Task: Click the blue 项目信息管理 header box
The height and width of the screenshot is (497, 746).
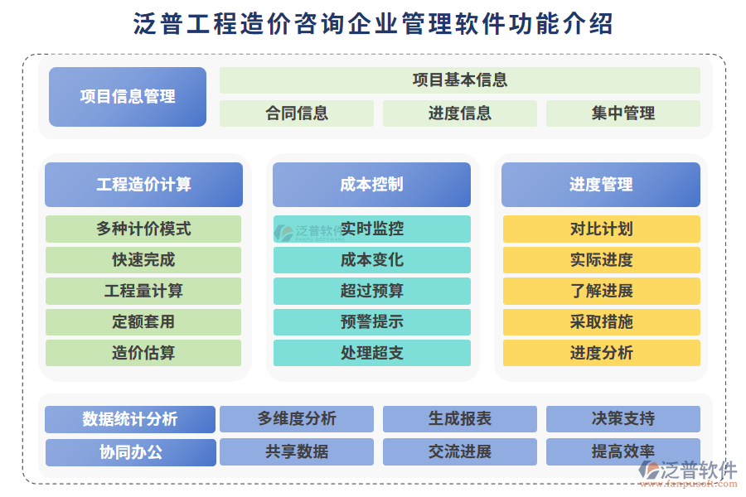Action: click(x=128, y=97)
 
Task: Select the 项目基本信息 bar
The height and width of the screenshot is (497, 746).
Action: click(x=459, y=80)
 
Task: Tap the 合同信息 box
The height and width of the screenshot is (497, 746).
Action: click(x=297, y=113)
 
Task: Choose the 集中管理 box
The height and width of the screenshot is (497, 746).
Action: click(x=623, y=113)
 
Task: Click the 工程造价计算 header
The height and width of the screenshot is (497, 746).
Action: click(x=143, y=185)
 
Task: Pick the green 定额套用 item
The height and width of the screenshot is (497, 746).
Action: click(x=143, y=322)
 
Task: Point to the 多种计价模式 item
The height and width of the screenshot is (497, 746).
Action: click(x=143, y=229)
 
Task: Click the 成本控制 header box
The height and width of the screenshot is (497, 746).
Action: click(x=371, y=185)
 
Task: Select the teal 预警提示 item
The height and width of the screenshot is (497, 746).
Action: click(x=372, y=322)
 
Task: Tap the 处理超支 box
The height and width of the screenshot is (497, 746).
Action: click(x=372, y=353)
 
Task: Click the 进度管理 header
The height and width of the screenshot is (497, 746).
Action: click(x=601, y=185)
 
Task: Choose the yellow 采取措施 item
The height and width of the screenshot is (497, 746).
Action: click(x=602, y=322)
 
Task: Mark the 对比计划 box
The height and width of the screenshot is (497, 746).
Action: click(x=602, y=229)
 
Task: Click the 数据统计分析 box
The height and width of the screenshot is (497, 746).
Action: click(x=130, y=419)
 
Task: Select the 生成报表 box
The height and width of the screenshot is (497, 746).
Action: click(x=459, y=419)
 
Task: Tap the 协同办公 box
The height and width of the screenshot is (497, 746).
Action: click(x=131, y=451)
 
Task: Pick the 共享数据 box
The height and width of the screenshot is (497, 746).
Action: click(x=297, y=451)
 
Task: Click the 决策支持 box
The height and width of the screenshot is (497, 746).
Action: click(x=623, y=419)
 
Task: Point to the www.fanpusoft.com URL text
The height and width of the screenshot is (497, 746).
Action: click(x=689, y=484)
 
